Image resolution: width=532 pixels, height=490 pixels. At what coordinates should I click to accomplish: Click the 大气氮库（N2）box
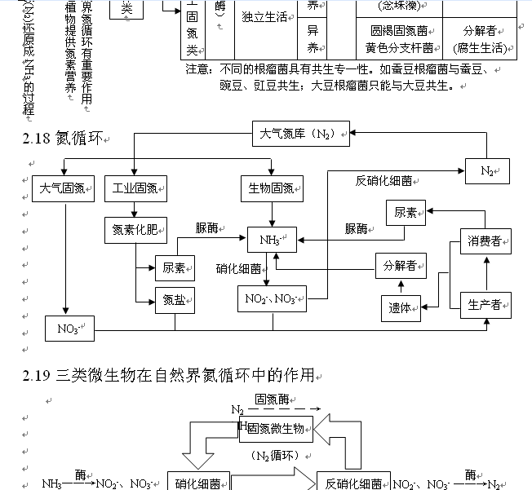coord(300,134)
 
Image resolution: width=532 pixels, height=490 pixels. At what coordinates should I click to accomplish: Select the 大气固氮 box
coord(64,188)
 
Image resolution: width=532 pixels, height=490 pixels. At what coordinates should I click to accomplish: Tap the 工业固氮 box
coord(135,188)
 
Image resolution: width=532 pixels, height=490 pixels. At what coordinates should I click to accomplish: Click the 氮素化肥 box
coord(135,230)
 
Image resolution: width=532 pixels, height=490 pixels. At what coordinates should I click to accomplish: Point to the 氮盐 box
coord(175,299)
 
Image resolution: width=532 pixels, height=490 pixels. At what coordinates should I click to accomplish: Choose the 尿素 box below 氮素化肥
coord(175,267)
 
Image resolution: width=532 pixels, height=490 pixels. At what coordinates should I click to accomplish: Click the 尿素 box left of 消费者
coord(406,213)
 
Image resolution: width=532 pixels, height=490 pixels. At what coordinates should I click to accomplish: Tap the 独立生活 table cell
coord(265,17)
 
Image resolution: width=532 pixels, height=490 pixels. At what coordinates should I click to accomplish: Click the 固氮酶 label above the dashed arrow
coord(273,399)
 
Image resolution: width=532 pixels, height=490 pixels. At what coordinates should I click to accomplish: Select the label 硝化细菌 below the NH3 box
coord(239,268)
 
